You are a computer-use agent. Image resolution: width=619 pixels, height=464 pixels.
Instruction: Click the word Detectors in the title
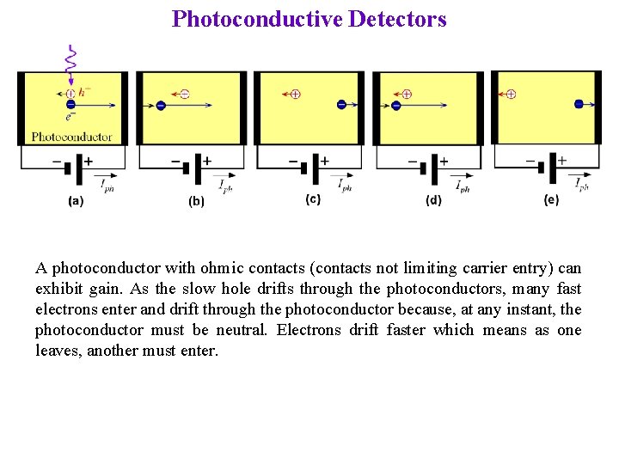coord(398,19)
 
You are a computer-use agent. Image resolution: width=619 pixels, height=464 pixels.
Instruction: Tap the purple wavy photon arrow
coord(71,61)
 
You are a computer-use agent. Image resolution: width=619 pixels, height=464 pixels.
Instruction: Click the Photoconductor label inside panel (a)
coord(72,137)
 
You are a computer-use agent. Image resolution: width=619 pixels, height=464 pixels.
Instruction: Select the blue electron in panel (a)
coord(70,106)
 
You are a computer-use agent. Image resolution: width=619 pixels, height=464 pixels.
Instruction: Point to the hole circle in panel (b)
coord(185,94)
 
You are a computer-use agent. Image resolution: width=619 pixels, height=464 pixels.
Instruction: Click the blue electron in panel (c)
coord(341,105)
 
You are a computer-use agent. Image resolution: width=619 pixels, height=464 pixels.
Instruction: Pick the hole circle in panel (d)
coord(407,94)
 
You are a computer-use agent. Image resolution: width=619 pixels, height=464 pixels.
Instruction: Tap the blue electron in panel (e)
coord(579,104)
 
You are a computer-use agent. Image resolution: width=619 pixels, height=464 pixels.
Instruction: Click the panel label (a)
coord(76,202)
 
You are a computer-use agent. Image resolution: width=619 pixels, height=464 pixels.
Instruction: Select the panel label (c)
coord(314,199)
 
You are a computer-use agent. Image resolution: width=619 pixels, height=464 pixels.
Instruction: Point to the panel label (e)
coord(551,199)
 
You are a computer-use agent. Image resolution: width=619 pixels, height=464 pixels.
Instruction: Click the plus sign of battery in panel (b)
coord(206,161)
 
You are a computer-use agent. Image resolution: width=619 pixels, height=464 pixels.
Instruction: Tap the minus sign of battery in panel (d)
coord(413,162)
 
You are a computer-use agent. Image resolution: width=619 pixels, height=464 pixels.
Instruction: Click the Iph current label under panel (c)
coord(344,185)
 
